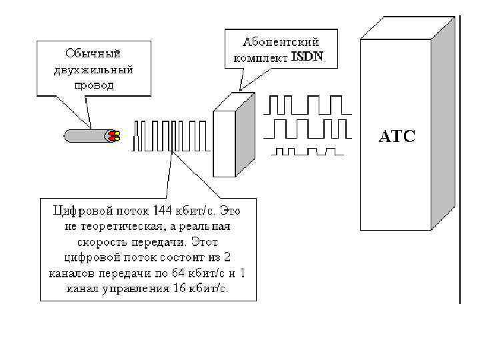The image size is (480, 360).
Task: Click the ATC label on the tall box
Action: pyautogui.click(x=397, y=137)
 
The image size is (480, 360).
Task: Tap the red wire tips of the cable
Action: pyautogui.click(x=113, y=136)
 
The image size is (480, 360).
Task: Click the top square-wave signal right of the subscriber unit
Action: pyautogui.click(x=306, y=105)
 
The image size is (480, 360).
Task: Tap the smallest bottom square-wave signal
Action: pyautogui.click(x=306, y=150)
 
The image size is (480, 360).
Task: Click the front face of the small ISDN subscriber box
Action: pyautogui.click(x=224, y=143)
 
